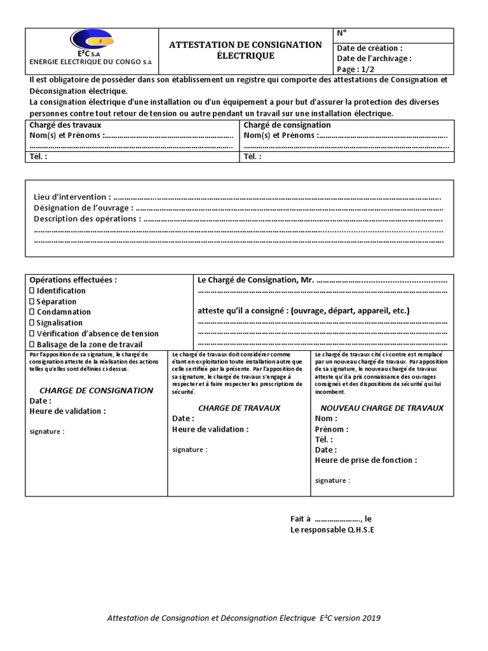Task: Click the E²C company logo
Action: [93, 41]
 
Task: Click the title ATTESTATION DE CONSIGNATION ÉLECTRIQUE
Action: [245, 50]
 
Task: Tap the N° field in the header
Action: [341, 34]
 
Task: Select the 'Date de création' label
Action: [369, 48]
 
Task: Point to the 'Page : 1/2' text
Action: [356, 69]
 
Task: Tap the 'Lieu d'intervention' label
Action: [71, 197]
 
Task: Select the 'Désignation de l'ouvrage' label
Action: [83, 208]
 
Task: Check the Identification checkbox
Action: [32, 291]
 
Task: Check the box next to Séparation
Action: [32, 302]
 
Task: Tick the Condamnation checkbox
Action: [32, 312]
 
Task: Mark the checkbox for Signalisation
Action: [32, 323]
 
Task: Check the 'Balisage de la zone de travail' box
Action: [32, 345]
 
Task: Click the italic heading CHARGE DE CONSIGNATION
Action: [96, 390]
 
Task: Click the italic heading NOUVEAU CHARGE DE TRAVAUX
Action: [382, 408]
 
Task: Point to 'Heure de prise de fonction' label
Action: [365, 460]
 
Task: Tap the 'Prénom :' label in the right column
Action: [331, 429]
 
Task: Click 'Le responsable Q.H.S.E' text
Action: [332, 530]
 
